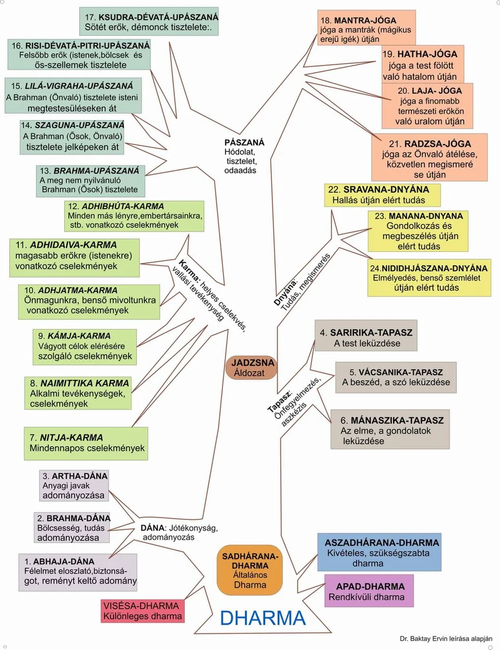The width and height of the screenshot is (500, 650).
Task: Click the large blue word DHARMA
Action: tap(262, 618)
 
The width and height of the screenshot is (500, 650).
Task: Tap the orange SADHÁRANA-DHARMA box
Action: tap(249, 570)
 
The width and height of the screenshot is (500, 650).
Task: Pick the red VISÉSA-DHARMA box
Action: tap(143, 611)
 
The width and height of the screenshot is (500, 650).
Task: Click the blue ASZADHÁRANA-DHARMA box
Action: tap(380, 552)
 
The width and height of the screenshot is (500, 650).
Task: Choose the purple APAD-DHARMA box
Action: tap(369, 591)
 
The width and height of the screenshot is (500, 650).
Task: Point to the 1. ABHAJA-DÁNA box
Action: tap(78, 571)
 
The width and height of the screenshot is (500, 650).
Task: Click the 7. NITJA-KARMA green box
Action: tap(86, 443)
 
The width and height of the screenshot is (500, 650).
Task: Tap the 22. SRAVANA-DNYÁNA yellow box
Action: tap(382, 195)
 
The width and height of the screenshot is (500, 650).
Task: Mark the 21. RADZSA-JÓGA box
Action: tap(430, 158)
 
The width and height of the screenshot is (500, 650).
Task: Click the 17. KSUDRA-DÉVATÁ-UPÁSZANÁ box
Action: tap(149, 22)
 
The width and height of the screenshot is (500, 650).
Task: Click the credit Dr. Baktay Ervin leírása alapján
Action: tap(446, 639)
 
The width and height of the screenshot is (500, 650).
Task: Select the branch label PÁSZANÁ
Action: tap(244, 142)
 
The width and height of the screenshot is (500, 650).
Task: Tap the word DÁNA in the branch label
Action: tap(152, 528)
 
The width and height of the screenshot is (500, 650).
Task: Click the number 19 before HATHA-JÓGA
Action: tap(388, 54)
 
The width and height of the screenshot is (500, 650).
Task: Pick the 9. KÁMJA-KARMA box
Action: tap(85, 347)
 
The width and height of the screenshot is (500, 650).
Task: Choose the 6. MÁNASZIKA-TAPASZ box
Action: tap(390, 430)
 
